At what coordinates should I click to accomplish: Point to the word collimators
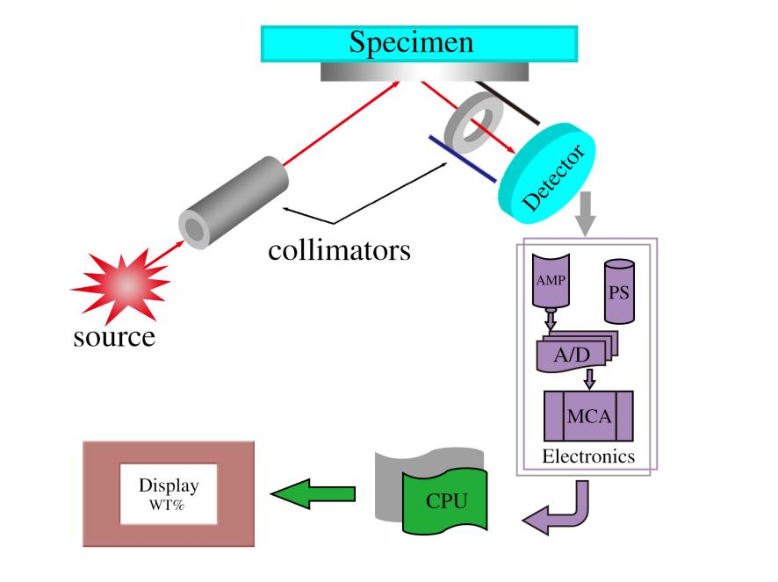339,249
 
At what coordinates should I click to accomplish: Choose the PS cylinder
617,291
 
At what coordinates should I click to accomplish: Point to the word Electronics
587,456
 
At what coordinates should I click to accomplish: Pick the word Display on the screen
169,485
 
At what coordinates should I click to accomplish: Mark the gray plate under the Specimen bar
423,72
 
